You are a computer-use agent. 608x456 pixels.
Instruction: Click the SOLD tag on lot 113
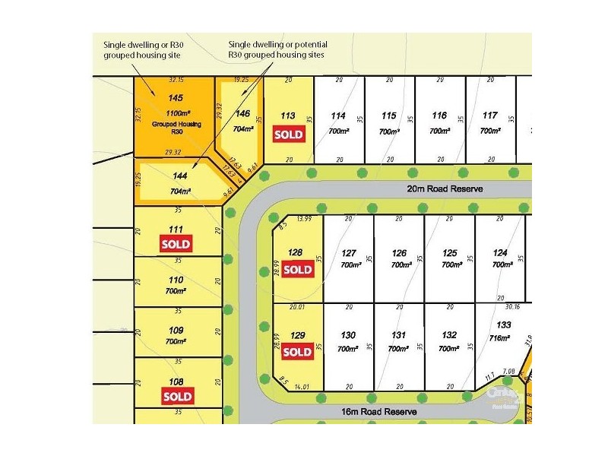tap(288, 135)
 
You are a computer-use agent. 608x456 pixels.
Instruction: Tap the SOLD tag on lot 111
tap(176, 244)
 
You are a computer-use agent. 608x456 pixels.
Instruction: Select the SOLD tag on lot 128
tap(297, 270)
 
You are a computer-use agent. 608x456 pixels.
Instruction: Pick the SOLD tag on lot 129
tap(297, 352)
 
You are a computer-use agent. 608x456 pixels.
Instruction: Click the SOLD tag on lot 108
tap(176, 396)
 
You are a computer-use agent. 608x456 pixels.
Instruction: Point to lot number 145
tap(176, 98)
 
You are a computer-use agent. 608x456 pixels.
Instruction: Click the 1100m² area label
tap(176, 111)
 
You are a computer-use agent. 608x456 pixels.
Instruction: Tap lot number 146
tap(242, 114)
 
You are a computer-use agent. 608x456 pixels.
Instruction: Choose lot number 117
tap(490, 116)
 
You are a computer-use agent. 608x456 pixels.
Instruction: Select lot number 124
tap(500, 253)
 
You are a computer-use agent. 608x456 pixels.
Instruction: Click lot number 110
tap(176, 280)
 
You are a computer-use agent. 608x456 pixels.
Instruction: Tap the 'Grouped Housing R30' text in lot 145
tap(176, 127)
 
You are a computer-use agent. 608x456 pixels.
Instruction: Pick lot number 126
tap(399, 253)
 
